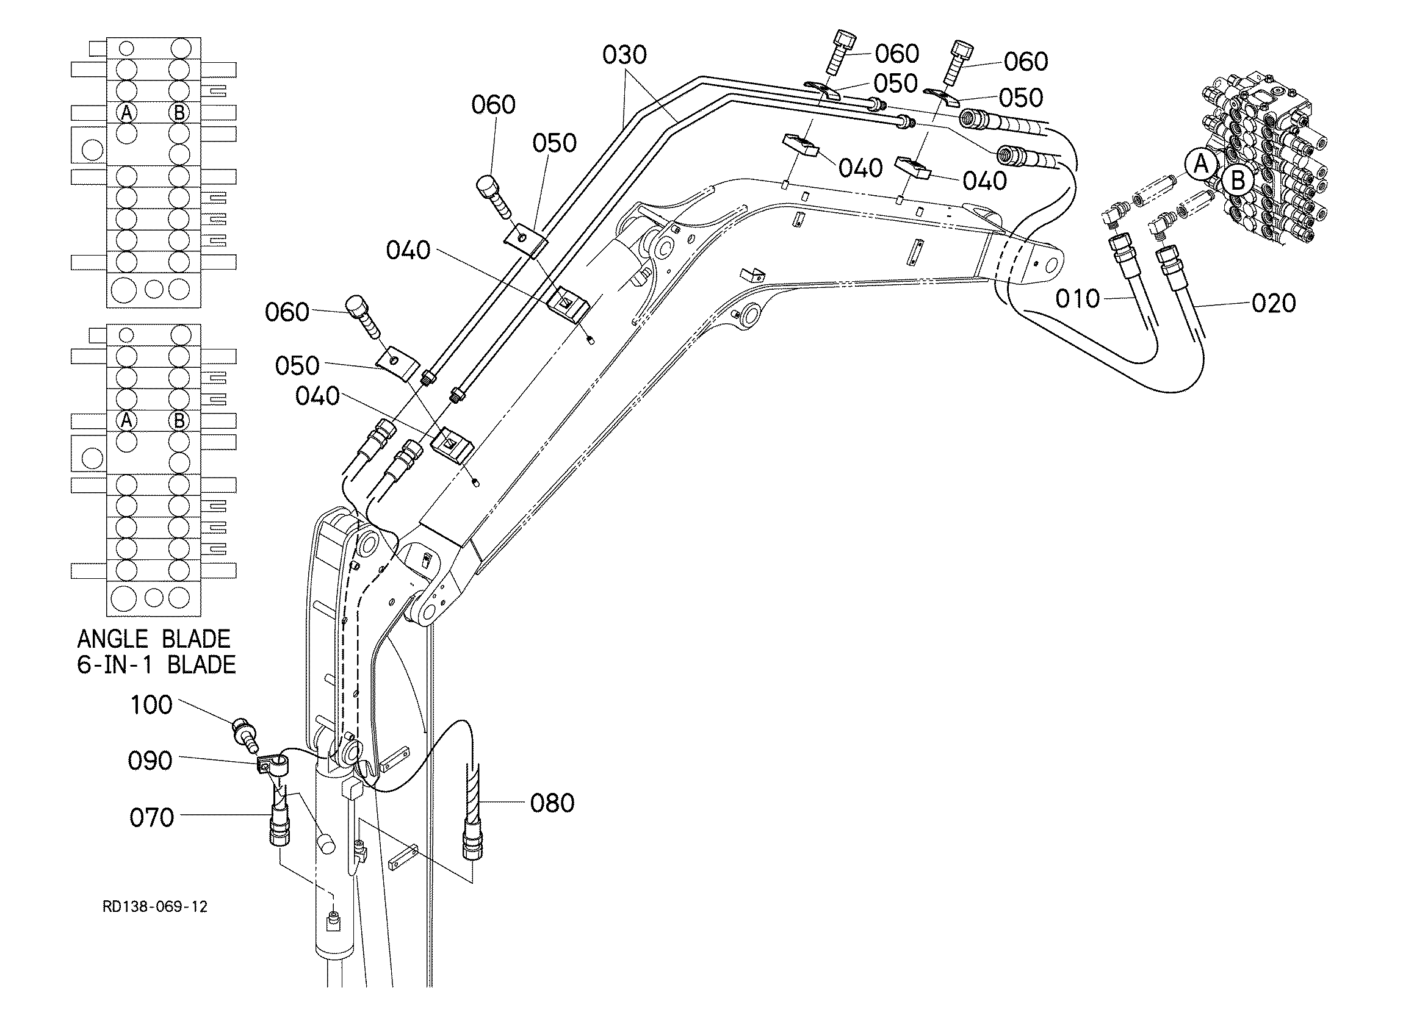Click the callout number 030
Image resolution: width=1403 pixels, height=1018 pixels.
coord(625,55)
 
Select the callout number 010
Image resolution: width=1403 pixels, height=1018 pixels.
coord(1078,299)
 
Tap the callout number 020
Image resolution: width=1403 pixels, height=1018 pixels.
coord(1274,303)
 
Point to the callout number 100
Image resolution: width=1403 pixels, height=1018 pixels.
coord(151,705)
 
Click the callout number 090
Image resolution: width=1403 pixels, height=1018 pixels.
coord(150,761)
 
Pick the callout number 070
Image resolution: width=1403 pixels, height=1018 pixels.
coord(151,817)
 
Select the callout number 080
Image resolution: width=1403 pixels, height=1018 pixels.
coord(552,803)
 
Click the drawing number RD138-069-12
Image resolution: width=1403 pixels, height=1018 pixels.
coord(155,906)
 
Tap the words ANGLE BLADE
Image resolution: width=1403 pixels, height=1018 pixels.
coord(153,638)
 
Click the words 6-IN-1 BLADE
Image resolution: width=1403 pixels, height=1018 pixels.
coord(156,665)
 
